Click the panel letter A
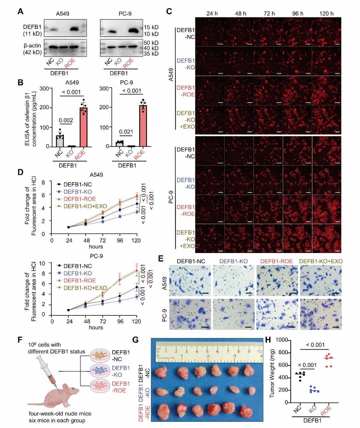pyautogui.click(x=21, y=12)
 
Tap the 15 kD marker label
pyautogui.click(x=151, y=27)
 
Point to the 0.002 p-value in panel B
pyautogui.click(x=66, y=120)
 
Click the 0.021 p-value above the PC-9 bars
pyautogui.click(x=126, y=132)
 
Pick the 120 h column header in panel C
pyautogui.click(x=326, y=14)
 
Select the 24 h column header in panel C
pyautogui.click(x=212, y=14)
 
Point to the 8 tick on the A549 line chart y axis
pyautogui.click(x=43, y=183)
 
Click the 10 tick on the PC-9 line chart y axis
pyautogui.click(x=42, y=263)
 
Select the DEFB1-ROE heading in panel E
pyautogui.click(x=277, y=261)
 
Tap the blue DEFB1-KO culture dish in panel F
pyautogui.click(x=100, y=371)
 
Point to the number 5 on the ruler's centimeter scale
pyautogui.click(x=207, y=351)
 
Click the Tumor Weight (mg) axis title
pyautogui.click(x=272, y=373)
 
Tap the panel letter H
pyautogui.click(x=268, y=340)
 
